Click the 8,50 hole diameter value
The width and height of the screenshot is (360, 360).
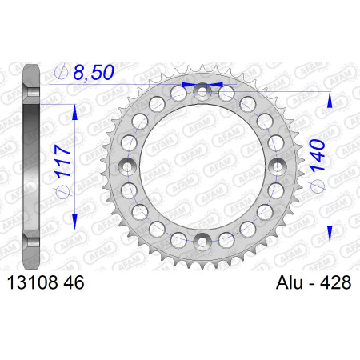point(94,72)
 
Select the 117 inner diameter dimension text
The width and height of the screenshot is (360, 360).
point(63,161)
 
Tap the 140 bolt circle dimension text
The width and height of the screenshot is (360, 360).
point(318,155)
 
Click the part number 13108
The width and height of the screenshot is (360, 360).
point(33,282)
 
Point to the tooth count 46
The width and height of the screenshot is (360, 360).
point(74,282)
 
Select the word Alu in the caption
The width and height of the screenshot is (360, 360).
point(290,282)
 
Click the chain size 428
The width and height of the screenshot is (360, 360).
point(335,282)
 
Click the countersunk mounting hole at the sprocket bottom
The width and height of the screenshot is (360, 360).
point(202,242)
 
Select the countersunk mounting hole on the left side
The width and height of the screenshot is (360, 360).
point(127,167)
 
